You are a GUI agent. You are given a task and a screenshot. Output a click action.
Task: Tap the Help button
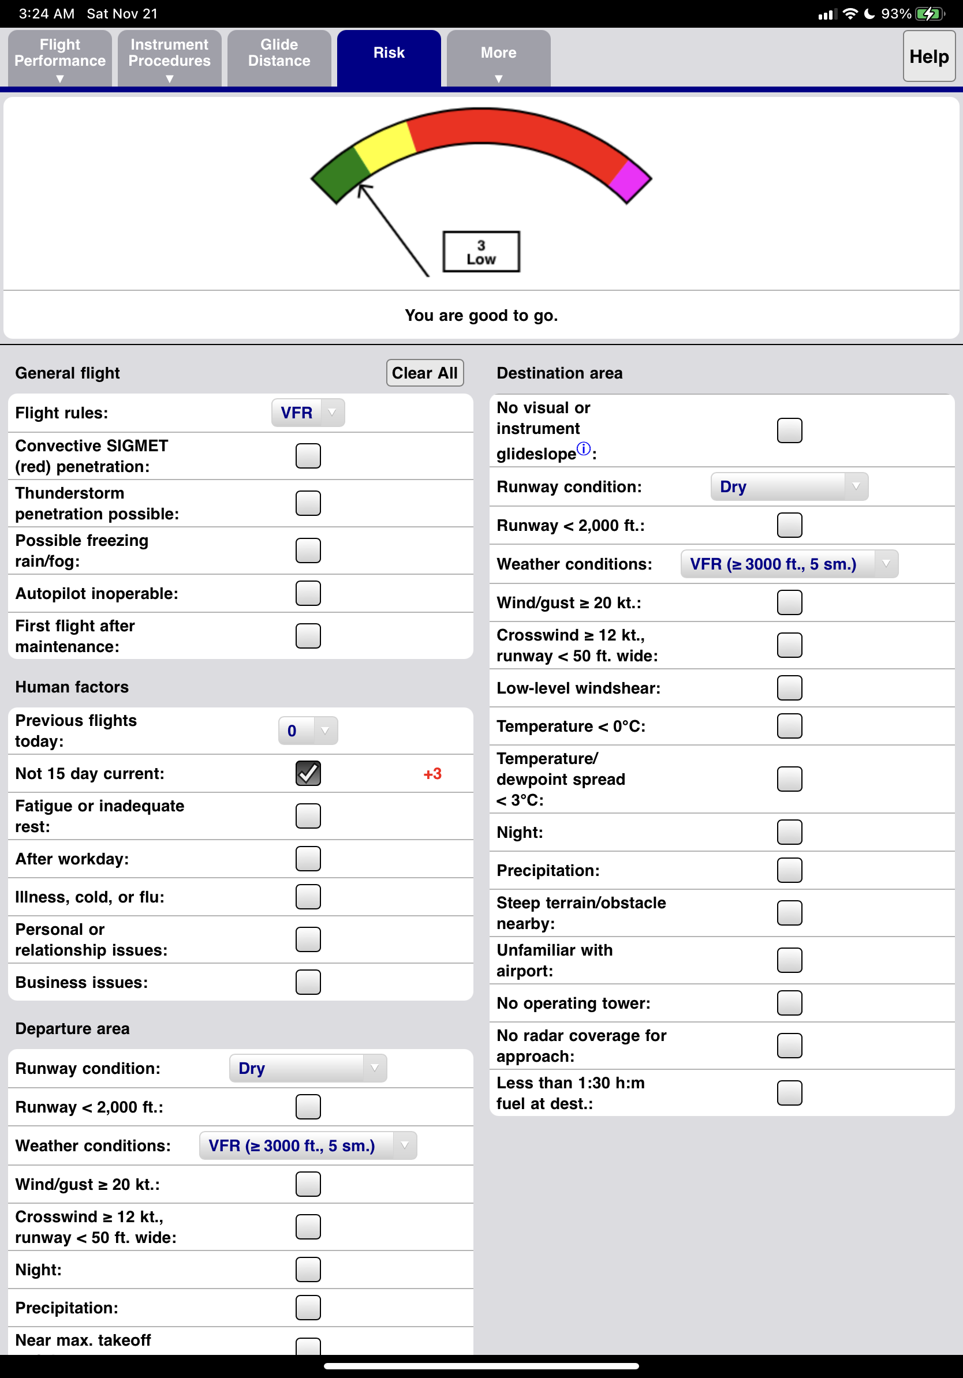tap(928, 57)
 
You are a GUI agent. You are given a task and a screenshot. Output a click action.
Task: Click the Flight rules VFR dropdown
tap(308, 413)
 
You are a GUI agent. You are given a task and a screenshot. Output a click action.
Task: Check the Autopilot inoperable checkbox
tap(308, 594)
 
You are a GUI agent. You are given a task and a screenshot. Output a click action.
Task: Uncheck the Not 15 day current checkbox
tap(308, 773)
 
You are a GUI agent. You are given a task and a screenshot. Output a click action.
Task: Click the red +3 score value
tap(432, 774)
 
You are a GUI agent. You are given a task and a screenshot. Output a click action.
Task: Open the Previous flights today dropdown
tap(308, 731)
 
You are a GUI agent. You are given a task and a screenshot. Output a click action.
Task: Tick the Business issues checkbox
tap(308, 983)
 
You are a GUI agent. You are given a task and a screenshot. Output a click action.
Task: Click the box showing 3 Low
tap(481, 252)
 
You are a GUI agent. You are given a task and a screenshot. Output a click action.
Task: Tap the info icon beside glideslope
tap(583, 449)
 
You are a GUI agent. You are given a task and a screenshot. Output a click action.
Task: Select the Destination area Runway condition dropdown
tap(789, 486)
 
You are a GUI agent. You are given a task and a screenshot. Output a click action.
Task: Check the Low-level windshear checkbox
tap(789, 688)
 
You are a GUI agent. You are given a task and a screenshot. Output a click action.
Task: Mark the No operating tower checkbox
tap(789, 1003)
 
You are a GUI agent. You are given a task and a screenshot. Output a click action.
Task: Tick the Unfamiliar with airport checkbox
tap(789, 960)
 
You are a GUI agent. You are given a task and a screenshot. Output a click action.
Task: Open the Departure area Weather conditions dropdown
tap(308, 1145)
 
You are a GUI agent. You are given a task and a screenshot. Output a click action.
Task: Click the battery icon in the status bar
tap(930, 14)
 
